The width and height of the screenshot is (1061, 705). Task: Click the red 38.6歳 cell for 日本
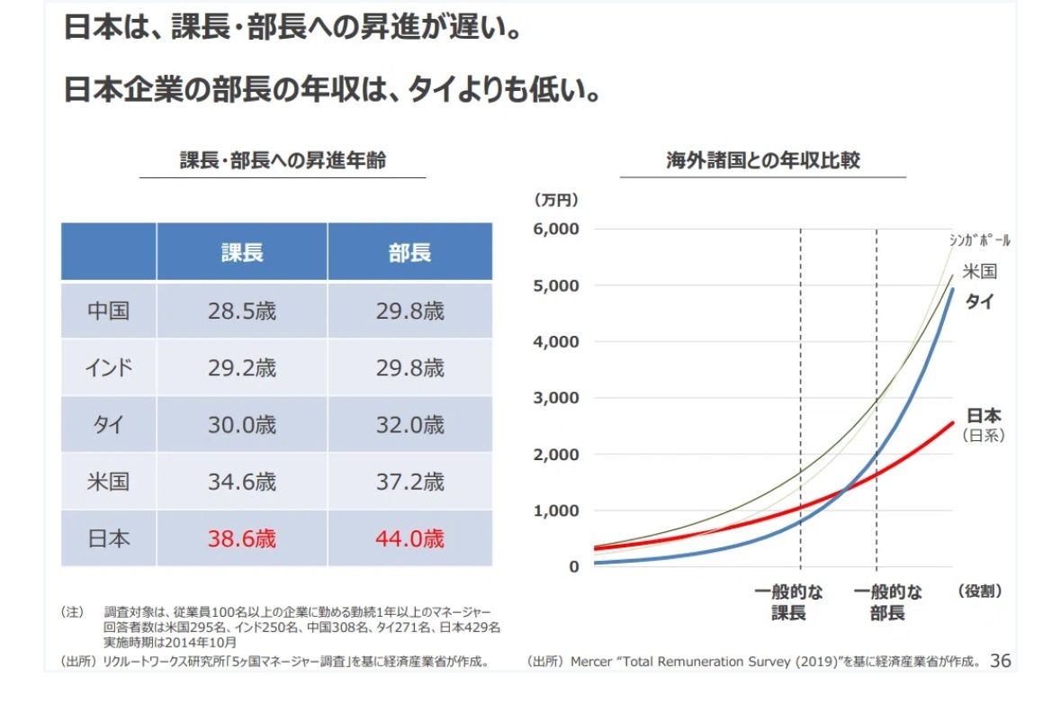pos(242,538)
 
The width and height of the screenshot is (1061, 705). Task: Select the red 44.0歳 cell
pos(409,538)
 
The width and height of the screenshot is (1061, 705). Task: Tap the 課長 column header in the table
pos(242,253)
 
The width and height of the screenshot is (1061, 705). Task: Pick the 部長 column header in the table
pos(409,253)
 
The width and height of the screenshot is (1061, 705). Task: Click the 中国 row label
pos(108,312)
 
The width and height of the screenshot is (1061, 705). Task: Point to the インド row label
pos(108,368)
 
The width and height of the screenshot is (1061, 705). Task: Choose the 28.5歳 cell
pos(242,312)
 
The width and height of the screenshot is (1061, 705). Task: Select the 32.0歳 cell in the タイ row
pos(409,424)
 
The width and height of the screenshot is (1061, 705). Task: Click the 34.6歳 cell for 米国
pos(242,482)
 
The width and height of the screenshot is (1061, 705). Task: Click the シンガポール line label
pos(979,240)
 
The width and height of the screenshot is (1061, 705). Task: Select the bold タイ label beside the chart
pos(979,302)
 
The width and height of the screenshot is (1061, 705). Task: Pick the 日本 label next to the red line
pos(983,416)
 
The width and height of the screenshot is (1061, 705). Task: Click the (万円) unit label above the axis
pos(554,199)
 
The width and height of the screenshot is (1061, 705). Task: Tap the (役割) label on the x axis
pos(980,592)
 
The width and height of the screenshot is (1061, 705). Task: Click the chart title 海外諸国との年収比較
pos(762,161)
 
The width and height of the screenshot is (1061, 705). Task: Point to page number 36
pos(1000,662)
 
